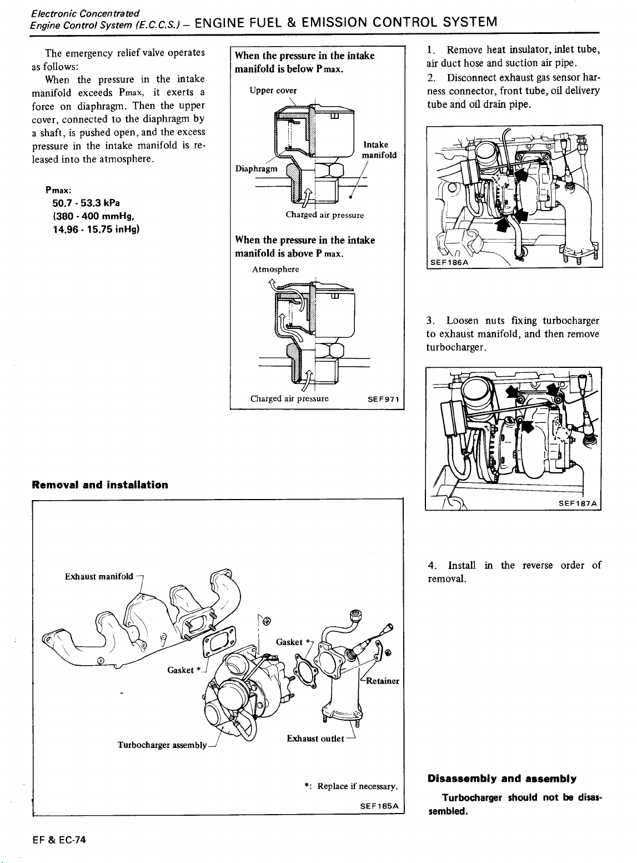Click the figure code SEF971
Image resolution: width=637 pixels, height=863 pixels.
(x=383, y=399)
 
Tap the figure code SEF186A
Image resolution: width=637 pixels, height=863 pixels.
(x=449, y=262)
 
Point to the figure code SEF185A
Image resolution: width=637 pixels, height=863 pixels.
(x=379, y=806)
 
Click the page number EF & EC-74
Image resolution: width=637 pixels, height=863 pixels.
(x=59, y=840)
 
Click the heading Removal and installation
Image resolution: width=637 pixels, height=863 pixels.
(x=100, y=485)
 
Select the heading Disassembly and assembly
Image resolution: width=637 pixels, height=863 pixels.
(x=501, y=779)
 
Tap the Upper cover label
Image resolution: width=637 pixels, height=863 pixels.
(x=273, y=91)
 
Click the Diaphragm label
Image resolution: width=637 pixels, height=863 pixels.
(x=256, y=169)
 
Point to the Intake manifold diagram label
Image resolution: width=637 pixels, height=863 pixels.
(x=379, y=150)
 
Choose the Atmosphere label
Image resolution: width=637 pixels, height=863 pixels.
(x=275, y=270)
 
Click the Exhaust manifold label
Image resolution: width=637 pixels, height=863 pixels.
(x=99, y=576)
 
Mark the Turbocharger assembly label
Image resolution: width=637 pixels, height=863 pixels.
(x=162, y=745)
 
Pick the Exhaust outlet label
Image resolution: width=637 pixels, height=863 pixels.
(x=315, y=739)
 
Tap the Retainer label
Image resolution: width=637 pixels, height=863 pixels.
(x=383, y=681)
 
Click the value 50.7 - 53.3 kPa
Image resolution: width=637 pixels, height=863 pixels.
(x=86, y=203)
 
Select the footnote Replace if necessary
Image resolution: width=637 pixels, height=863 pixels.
(x=358, y=786)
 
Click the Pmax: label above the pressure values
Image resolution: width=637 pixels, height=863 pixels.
(x=58, y=190)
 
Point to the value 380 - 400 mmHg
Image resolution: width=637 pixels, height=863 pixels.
(x=94, y=216)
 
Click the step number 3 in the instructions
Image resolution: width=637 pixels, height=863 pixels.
(x=430, y=321)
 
